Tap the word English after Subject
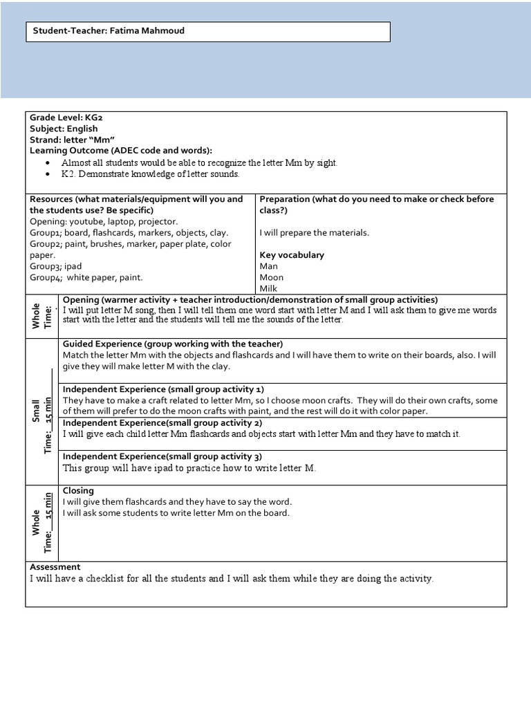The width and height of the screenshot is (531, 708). coord(82,129)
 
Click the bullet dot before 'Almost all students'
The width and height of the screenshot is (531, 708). coord(47,162)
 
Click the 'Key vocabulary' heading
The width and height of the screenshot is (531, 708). coord(292,255)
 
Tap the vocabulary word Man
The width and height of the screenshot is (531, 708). coord(268,266)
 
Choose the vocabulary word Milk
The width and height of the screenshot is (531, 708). coord(268,288)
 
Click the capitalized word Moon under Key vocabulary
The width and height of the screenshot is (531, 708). coord(271,277)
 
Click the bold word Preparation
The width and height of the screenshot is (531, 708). coord(284,199)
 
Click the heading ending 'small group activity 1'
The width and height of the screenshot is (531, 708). coord(162,389)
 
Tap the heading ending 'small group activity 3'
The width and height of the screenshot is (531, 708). coord(162,456)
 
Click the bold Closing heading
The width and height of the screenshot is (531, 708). coord(78,491)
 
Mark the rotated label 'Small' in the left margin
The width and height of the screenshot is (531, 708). coord(37,409)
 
